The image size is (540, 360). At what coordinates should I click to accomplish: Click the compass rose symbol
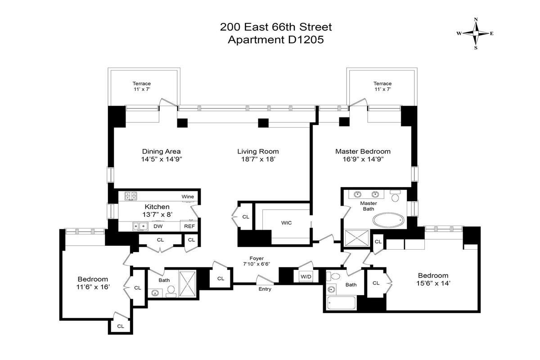[x=476, y=33]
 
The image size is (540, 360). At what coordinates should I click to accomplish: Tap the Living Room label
[x=258, y=152]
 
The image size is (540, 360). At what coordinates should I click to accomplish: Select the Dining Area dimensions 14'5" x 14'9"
[x=161, y=159]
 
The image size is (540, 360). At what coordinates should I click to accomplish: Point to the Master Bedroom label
[x=363, y=152]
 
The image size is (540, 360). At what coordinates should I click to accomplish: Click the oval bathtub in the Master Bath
[x=388, y=220]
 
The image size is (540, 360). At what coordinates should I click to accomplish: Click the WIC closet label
[x=287, y=223]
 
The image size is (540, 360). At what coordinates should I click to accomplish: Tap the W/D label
[x=306, y=275]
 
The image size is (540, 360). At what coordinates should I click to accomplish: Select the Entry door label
[x=265, y=289]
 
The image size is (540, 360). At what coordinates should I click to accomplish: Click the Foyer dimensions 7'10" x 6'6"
[x=256, y=264]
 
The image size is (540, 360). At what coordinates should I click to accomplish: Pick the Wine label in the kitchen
[x=188, y=197]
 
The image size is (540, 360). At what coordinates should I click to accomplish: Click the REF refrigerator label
[x=189, y=226]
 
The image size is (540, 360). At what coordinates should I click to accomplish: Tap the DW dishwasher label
[x=158, y=226]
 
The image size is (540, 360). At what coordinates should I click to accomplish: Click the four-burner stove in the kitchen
[x=131, y=196]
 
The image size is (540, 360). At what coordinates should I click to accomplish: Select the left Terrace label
[x=141, y=83]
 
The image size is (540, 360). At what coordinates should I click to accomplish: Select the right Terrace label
[x=382, y=83]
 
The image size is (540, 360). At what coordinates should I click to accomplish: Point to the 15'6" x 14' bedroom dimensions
[x=433, y=283]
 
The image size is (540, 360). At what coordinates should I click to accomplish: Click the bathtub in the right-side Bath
[x=341, y=303]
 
